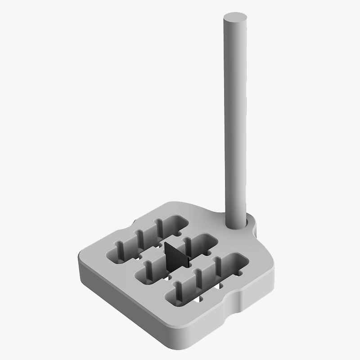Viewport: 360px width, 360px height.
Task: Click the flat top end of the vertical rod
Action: point(236,18)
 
